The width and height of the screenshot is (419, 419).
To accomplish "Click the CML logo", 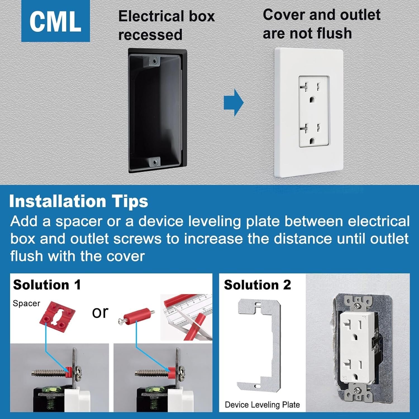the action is (x=56, y=21).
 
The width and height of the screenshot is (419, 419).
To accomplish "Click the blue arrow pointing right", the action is (x=234, y=103).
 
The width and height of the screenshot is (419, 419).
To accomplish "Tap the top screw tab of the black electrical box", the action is (x=154, y=61).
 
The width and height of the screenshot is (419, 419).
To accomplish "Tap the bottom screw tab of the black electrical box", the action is (x=154, y=162).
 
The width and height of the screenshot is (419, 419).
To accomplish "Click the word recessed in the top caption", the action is (x=150, y=35).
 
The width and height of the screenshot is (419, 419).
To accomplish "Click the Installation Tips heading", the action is (x=78, y=201).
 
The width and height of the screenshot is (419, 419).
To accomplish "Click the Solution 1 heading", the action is (x=47, y=285).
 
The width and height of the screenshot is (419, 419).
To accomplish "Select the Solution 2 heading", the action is (x=258, y=285).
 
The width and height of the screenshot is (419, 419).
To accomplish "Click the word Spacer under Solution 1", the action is (x=27, y=303).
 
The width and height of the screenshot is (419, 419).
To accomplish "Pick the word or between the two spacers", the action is (x=100, y=313).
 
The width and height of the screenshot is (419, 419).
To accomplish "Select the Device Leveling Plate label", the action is (x=262, y=404).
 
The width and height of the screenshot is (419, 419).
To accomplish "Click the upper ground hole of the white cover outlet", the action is (x=313, y=99).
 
